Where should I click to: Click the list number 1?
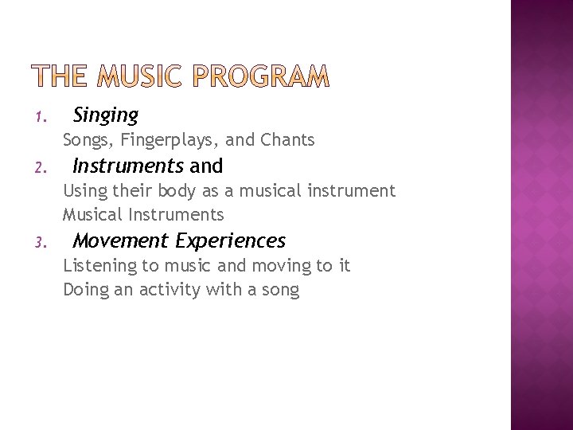point(41,118)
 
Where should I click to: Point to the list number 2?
point(41,168)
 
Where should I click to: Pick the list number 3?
point(41,242)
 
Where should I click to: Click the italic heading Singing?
point(105,115)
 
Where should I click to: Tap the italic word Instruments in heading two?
point(128,166)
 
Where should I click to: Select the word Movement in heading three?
point(121,240)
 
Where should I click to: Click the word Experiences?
point(231,240)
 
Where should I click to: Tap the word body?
point(176,191)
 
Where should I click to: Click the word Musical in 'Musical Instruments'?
point(92,215)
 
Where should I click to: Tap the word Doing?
point(85,290)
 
